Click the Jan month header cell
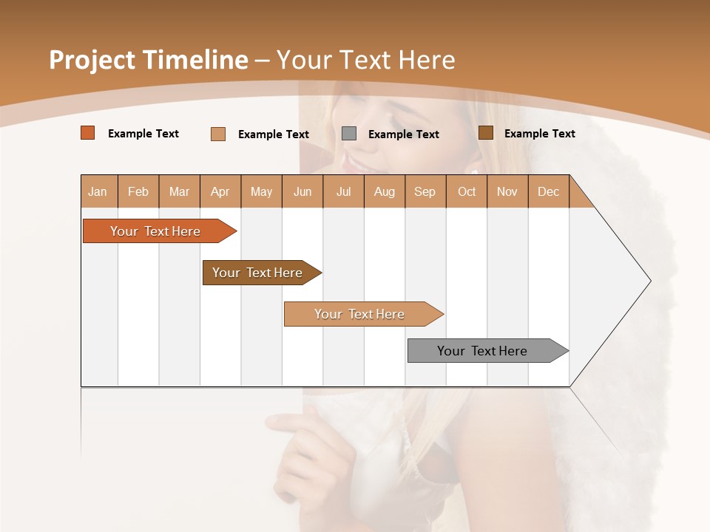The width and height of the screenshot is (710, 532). click(98, 191)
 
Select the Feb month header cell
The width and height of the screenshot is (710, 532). click(138, 191)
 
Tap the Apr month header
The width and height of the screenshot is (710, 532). click(220, 191)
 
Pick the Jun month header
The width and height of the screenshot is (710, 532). click(302, 191)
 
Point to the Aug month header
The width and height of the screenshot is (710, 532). click(385, 191)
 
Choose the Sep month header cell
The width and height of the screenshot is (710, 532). click(425, 191)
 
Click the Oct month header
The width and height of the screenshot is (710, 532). click(467, 191)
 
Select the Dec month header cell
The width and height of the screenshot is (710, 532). click(549, 191)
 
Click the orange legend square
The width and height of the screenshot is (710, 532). click(88, 133)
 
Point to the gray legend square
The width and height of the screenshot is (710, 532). click(349, 134)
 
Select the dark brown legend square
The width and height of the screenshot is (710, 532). click(486, 133)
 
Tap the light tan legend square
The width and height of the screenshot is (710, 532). click(218, 134)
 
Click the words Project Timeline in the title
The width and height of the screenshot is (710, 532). click(149, 60)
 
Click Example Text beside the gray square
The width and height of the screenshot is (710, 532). click(404, 134)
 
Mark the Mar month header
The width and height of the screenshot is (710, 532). click(180, 191)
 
